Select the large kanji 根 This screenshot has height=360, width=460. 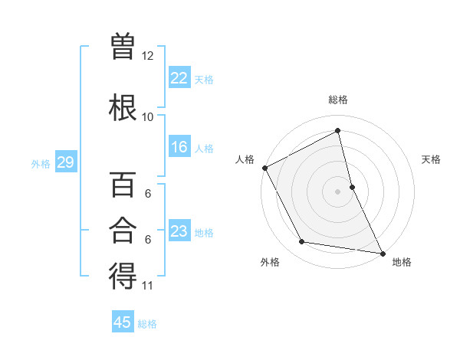pyautogui.click(x=123, y=106)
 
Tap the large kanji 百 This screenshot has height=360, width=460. pyautogui.click(x=123, y=185)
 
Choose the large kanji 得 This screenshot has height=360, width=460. pyautogui.click(x=123, y=277)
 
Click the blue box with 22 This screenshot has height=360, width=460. pyautogui.click(x=179, y=77)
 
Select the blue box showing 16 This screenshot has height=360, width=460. pyautogui.click(x=179, y=147)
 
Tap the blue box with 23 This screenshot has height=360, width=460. pyautogui.click(x=179, y=231)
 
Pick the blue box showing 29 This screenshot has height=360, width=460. pyautogui.click(x=65, y=162)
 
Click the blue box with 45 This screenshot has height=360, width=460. pyautogui.click(x=123, y=322)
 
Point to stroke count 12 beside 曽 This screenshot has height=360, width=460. pyautogui.click(x=148, y=56)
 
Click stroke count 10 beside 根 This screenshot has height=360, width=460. pyautogui.click(x=148, y=117)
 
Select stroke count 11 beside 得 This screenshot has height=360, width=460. pyautogui.click(x=148, y=286)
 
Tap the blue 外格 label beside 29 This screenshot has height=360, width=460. pyautogui.click(x=41, y=163)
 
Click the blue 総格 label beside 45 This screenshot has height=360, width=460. pyautogui.click(x=147, y=324)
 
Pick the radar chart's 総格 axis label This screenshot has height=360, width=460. pyautogui.click(x=338, y=100)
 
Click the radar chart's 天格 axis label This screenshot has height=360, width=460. pyautogui.click(x=431, y=159)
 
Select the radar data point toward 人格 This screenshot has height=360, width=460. pyautogui.click(x=264, y=168)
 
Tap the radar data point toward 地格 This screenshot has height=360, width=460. pyautogui.click(x=383, y=252)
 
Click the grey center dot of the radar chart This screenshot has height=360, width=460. pyautogui.click(x=338, y=191)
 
